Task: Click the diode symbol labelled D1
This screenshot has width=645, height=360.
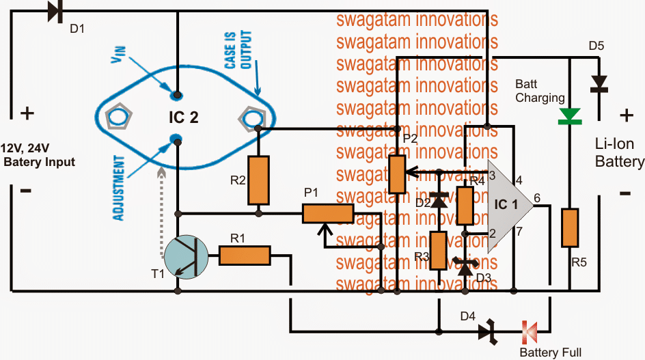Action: tap(55, 11)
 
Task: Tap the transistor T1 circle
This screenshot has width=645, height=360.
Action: tap(186, 257)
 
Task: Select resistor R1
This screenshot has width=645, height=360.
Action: tap(245, 255)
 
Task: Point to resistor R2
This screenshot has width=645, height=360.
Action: tap(258, 180)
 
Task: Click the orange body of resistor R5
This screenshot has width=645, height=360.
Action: tap(570, 228)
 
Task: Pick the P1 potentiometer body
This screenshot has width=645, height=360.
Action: tap(328, 214)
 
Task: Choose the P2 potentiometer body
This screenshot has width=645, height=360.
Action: tap(397, 174)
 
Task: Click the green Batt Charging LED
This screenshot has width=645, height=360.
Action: tap(570, 116)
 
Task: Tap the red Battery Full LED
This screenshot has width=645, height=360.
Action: tap(530, 332)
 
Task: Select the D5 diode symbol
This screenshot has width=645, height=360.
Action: tap(599, 84)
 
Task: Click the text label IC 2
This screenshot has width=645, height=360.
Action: tap(184, 117)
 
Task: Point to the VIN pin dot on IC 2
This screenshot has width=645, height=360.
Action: tap(177, 96)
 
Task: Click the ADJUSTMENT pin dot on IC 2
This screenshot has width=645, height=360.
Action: tap(176, 138)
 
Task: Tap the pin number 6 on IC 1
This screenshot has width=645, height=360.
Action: tap(537, 198)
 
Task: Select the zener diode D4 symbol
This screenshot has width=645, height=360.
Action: tap(488, 331)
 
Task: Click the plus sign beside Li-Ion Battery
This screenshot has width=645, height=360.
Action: tap(626, 115)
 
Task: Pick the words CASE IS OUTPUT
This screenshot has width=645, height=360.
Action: tap(238, 50)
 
